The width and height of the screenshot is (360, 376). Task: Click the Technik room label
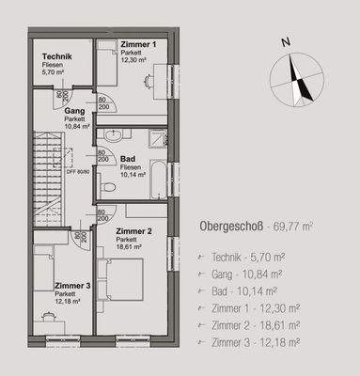click(x=56, y=56)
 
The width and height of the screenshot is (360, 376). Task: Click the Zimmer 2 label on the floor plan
click(x=133, y=231)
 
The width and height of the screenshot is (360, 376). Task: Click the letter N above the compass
click(x=286, y=40)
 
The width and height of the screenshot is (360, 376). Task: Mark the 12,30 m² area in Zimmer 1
click(x=135, y=61)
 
